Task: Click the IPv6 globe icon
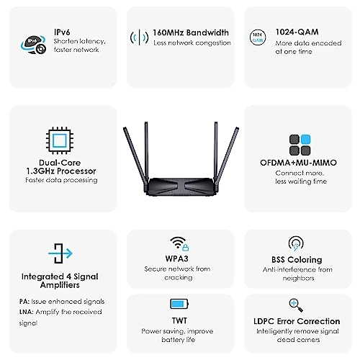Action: click(33, 45)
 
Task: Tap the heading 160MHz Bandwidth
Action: click(191, 32)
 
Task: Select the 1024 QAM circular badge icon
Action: click(258, 37)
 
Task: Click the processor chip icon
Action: click(60, 140)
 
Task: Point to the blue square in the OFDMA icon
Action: click(305, 140)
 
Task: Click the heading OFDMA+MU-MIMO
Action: click(298, 163)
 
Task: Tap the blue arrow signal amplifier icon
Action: click(60, 253)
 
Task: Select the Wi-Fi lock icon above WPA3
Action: click(179, 244)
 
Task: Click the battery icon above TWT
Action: click(179, 304)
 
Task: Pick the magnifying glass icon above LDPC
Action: click(296, 305)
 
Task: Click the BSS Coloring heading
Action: click(297, 259)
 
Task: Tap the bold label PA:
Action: click(24, 302)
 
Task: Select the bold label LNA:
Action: click(27, 312)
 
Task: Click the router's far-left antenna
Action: click(135, 157)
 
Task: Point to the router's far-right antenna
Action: click(228, 156)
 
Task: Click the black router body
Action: click(181, 186)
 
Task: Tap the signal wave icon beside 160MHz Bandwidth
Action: click(139, 37)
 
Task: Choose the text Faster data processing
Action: click(61, 180)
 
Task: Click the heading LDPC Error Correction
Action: click(297, 321)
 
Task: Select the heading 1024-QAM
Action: click(297, 32)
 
